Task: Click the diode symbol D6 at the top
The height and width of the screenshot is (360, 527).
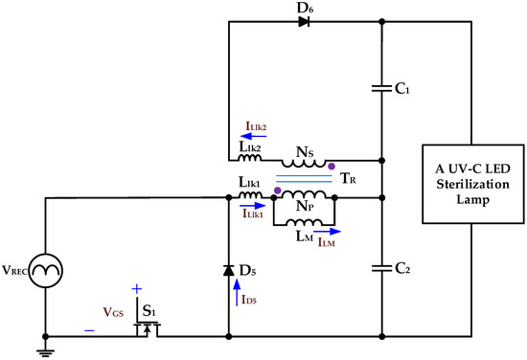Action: coord(304,21)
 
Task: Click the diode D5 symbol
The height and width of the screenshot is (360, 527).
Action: coord(229,270)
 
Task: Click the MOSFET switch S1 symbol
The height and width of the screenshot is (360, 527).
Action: coord(149,329)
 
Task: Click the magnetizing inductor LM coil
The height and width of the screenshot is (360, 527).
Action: coord(301,225)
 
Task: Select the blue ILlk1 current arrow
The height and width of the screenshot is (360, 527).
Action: coord(253,205)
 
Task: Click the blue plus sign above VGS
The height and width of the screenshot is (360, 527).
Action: coord(136,288)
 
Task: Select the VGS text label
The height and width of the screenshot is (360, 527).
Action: coord(111,309)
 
